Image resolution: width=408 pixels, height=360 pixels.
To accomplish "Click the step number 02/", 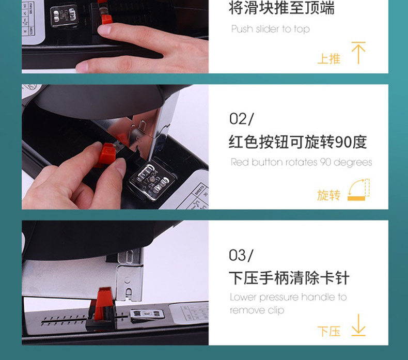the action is click(x=241, y=119).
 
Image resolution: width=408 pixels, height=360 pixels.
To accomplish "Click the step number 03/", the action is click(x=241, y=255).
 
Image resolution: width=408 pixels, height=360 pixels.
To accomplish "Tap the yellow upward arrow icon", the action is click(x=358, y=53).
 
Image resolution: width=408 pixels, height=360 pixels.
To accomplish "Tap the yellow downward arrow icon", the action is click(x=358, y=325).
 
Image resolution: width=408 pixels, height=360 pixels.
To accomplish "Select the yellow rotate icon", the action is click(x=359, y=190).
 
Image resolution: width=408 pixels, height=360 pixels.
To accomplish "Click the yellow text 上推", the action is click(x=328, y=58).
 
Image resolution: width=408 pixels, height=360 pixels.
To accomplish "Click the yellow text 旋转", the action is click(x=328, y=195).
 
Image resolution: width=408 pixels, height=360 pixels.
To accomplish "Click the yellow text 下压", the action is click(x=328, y=332).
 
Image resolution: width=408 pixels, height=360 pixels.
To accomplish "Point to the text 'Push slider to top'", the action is click(x=270, y=29).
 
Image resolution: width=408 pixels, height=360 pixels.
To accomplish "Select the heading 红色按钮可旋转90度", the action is click(x=298, y=142).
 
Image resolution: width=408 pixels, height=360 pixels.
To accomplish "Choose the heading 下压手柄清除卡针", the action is click(x=289, y=278).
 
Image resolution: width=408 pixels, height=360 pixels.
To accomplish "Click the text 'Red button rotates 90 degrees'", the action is click(x=301, y=162).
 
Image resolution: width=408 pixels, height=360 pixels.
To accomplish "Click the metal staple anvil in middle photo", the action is click(x=152, y=181).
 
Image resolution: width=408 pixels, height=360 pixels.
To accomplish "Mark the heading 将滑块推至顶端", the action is click(x=281, y=7).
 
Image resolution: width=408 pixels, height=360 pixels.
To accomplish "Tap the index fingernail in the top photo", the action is click(x=104, y=29).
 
